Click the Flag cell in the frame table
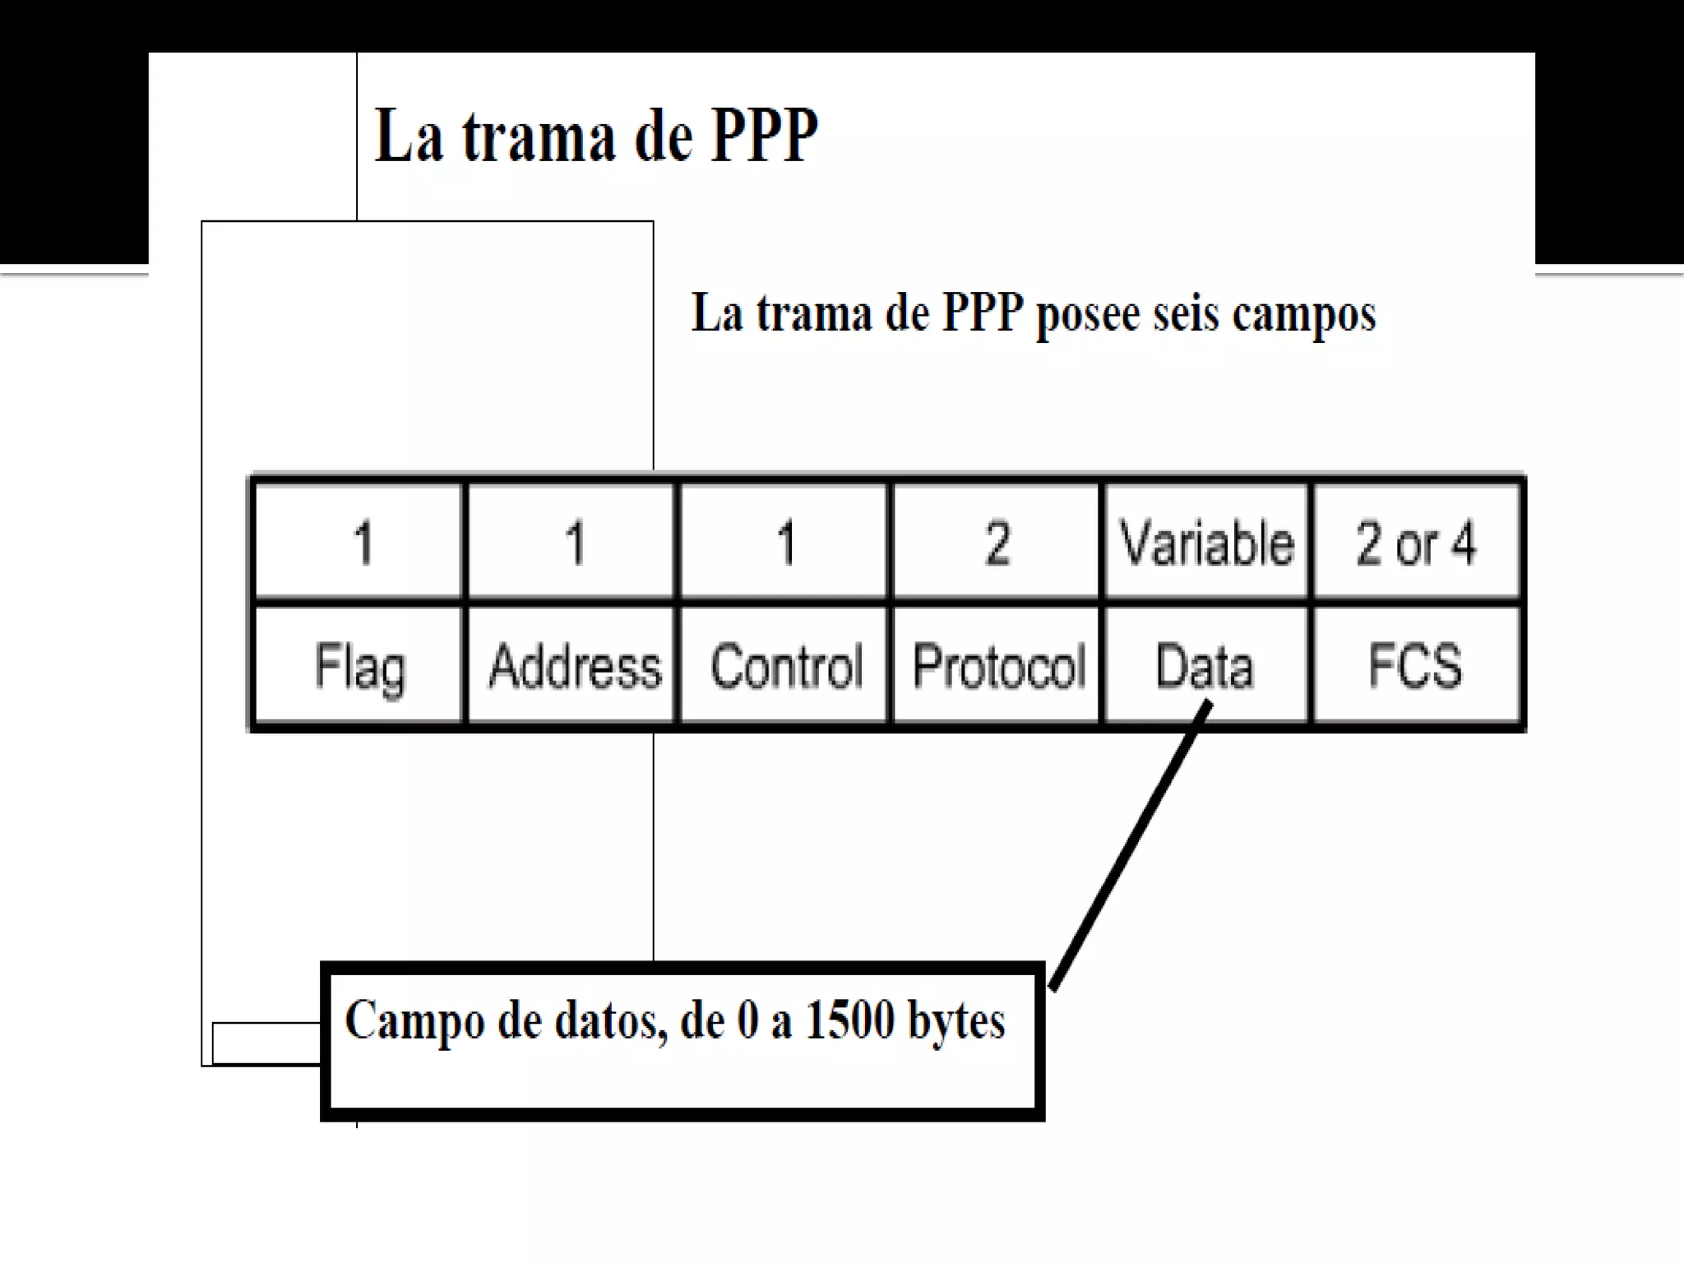coord(359,666)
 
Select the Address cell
coord(574,666)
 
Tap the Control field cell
coord(786,666)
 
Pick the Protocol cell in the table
coord(998,666)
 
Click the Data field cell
coord(1205,666)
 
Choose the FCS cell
coord(1415,666)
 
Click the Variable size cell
coord(1206,544)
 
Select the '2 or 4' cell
coord(1415,544)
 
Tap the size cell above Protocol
coord(997,544)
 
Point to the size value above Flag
coord(363,544)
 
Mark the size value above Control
coord(786,544)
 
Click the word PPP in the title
coord(764,136)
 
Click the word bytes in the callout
coord(956,1022)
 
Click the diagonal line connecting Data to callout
coord(1131,847)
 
